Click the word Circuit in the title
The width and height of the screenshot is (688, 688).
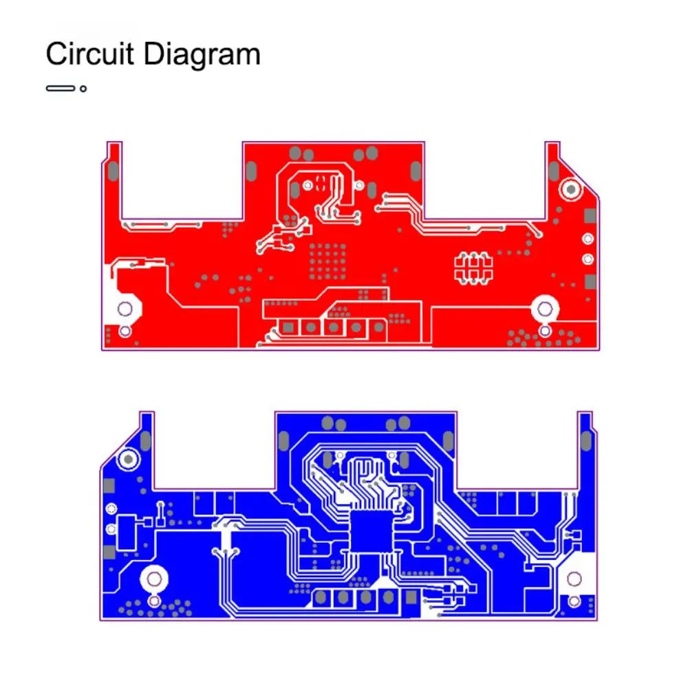(x=90, y=54)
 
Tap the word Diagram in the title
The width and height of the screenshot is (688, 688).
(x=202, y=56)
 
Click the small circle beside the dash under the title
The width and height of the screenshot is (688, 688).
(x=83, y=89)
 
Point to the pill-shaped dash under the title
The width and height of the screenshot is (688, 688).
(x=61, y=89)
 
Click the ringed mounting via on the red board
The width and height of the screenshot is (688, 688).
(x=571, y=190)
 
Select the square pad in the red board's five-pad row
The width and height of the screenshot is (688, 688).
(x=288, y=327)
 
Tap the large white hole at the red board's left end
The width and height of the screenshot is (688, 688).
(x=125, y=309)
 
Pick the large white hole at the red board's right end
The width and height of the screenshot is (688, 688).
(x=545, y=309)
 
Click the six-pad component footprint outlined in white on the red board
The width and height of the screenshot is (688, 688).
(x=473, y=268)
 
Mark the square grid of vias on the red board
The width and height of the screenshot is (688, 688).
(x=327, y=262)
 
